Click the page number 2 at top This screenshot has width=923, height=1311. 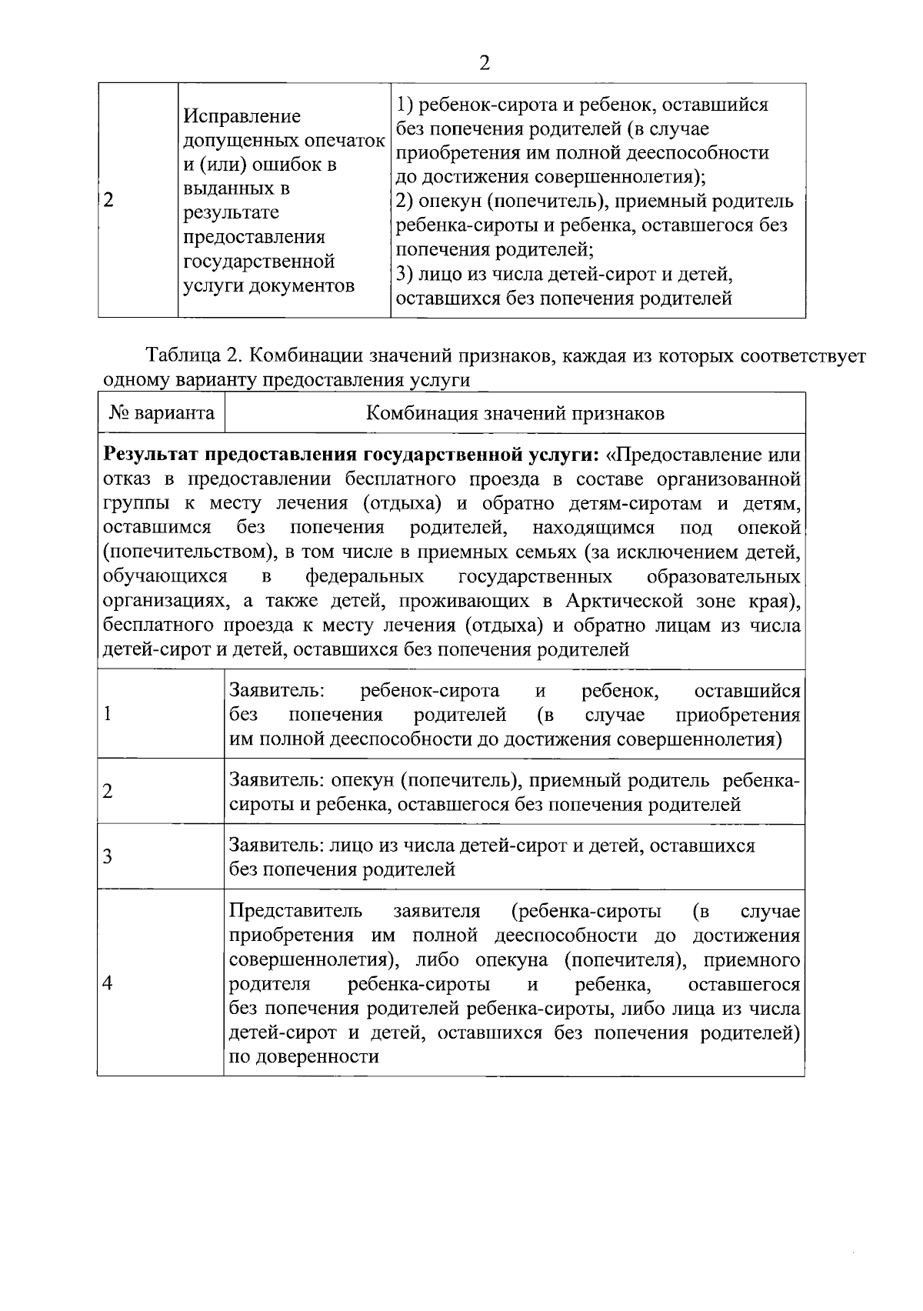[484, 63]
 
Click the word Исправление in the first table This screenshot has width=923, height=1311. [242, 116]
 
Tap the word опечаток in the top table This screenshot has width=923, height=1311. [345, 141]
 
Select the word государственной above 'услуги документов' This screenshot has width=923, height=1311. [259, 262]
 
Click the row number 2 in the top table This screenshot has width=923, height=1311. [108, 201]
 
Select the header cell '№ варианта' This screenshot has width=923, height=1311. [162, 413]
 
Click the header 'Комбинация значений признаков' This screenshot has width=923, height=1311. [515, 413]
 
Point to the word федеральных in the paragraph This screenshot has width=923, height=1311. [365, 576]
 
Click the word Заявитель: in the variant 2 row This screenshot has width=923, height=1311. [277, 780]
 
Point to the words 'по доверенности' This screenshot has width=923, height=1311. [305, 1056]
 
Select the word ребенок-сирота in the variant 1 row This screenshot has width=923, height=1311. [429, 691]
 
